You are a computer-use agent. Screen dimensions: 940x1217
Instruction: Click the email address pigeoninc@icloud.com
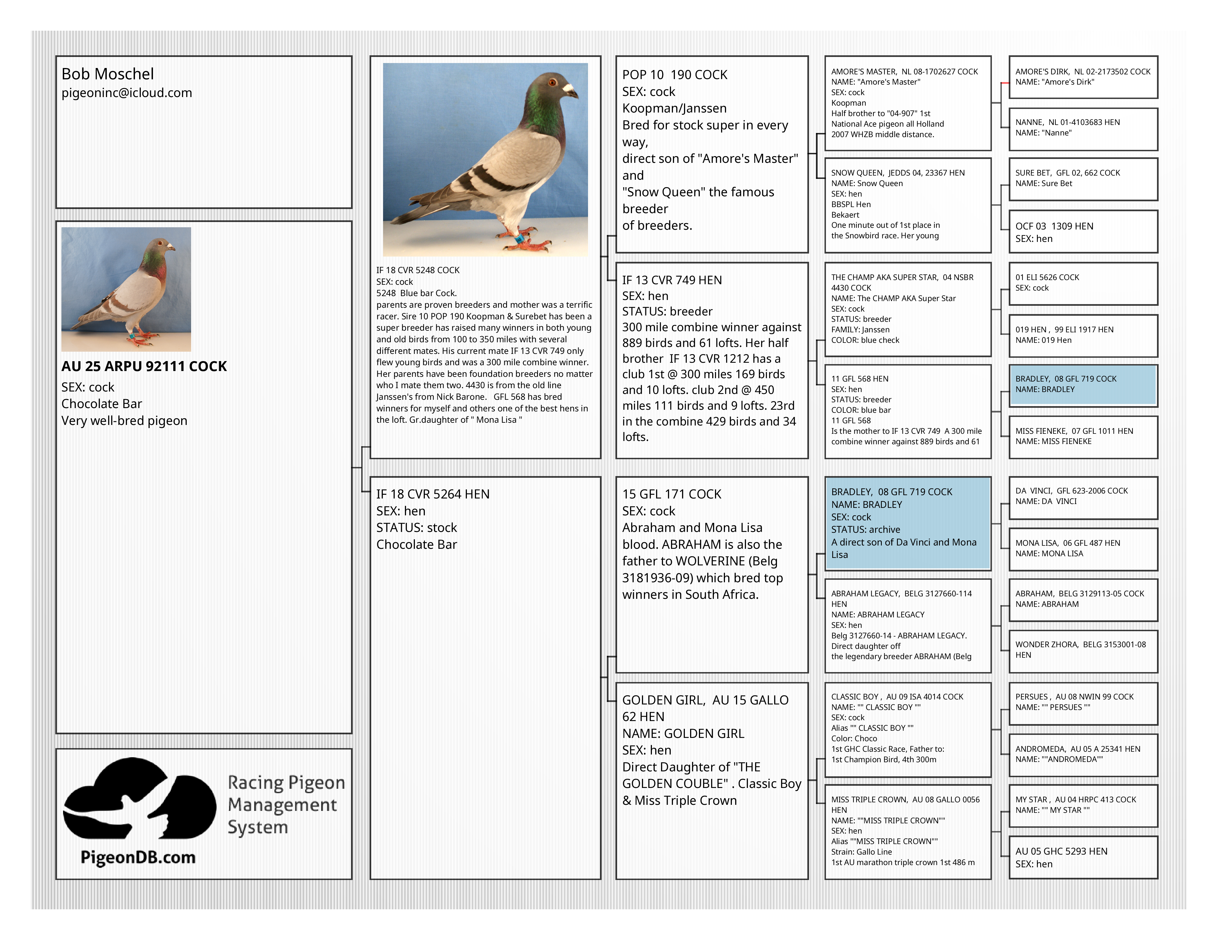tap(126, 93)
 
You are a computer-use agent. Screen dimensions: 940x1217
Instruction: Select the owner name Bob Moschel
tap(108, 74)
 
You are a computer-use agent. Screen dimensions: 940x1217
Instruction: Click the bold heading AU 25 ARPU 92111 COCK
tap(144, 366)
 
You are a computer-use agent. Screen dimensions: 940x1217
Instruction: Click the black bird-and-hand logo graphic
tap(139, 799)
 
